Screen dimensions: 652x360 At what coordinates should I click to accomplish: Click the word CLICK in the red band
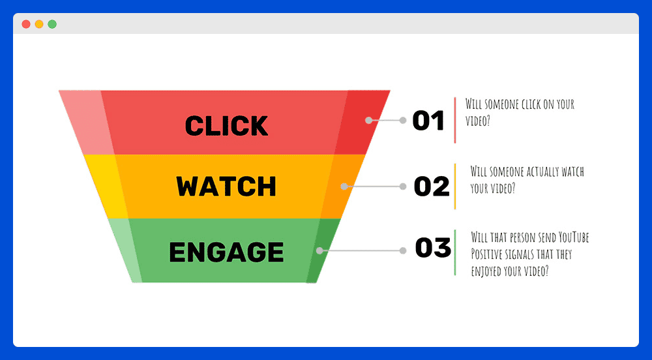coord(227,125)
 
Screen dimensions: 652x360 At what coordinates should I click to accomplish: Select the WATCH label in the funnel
coord(226,187)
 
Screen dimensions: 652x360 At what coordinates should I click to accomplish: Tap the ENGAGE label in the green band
coord(227,252)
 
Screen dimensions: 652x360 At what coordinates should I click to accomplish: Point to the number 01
coord(428,121)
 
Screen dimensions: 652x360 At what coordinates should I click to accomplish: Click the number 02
coord(432,187)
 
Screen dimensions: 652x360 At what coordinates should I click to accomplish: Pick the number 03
coord(433,248)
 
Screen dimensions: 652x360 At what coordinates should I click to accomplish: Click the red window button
coord(26,24)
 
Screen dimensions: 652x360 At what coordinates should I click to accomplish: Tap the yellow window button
coord(39,24)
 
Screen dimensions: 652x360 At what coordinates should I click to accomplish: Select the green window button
coord(52,24)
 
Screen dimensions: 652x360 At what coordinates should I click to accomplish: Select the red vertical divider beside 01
coord(455,120)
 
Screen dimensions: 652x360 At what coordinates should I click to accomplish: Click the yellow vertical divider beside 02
coord(455,187)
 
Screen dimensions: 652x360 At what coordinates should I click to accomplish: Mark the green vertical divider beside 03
coord(455,252)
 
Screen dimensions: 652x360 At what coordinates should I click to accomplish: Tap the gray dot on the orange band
coord(344,187)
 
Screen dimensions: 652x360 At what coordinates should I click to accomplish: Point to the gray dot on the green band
coord(319,250)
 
